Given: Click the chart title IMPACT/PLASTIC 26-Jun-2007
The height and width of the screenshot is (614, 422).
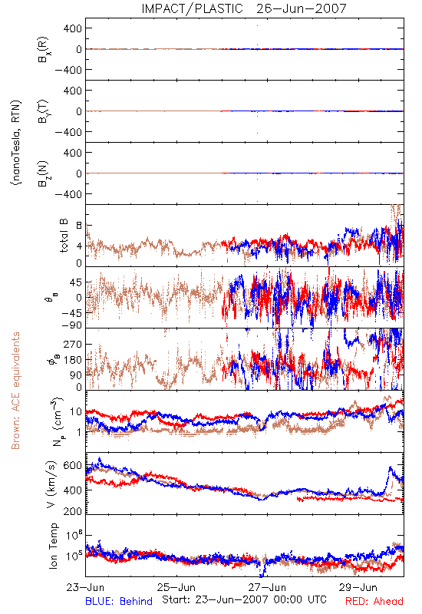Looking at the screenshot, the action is (x=244, y=8).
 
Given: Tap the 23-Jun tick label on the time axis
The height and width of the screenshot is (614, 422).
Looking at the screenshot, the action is (x=85, y=587).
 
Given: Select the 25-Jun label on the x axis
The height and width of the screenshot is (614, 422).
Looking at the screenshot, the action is (x=176, y=587).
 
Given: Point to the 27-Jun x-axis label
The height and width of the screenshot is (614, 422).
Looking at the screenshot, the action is (x=267, y=587).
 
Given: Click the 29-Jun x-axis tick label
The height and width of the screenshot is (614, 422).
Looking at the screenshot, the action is (x=358, y=587).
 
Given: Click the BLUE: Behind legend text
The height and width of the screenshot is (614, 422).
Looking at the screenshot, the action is (x=119, y=601).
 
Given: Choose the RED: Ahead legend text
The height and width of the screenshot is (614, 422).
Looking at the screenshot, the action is (x=374, y=601).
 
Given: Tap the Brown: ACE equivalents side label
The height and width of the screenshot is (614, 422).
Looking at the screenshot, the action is (x=15, y=391).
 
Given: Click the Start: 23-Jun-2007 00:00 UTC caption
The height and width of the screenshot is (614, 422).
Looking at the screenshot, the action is (x=244, y=599).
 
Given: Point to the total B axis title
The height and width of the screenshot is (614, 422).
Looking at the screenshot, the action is (x=64, y=236).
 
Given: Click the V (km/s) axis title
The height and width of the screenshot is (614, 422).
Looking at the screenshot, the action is (x=52, y=484).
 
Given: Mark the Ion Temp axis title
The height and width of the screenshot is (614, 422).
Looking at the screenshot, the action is (x=53, y=546).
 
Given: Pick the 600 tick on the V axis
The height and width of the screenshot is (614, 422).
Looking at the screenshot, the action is (x=72, y=466).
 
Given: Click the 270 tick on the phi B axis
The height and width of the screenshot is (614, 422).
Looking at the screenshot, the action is (x=72, y=344).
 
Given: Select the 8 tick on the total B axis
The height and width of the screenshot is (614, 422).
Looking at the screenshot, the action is (x=79, y=226).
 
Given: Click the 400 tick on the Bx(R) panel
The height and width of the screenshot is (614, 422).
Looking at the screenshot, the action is (x=73, y=28).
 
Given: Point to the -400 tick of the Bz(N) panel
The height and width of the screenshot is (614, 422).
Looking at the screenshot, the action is (x=68, y=194).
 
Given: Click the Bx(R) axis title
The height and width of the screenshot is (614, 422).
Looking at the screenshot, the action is (x=44, y=49).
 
